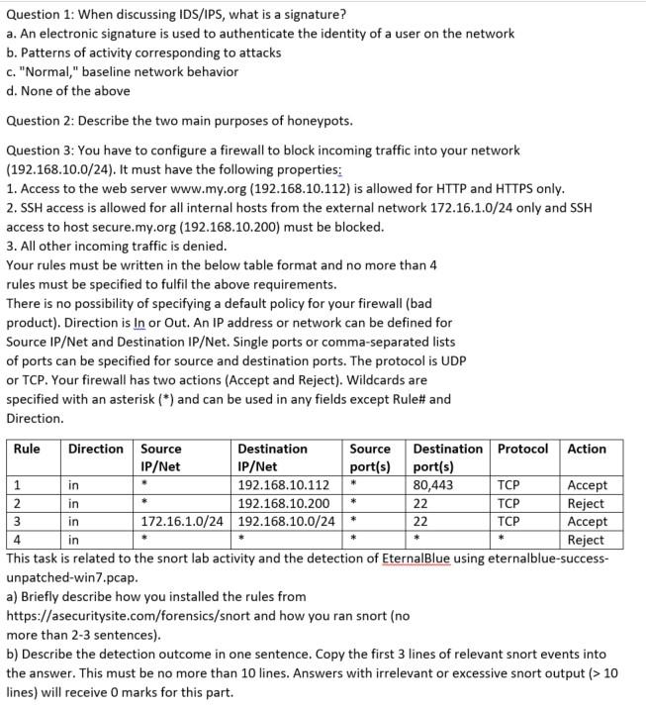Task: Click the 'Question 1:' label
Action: click(38, 14)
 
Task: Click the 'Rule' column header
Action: click(27, 449)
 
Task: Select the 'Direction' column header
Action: click(96, 449)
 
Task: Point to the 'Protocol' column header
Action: click(522, 449)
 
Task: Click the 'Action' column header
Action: click(587, 449)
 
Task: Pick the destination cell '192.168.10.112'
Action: click(284, 485)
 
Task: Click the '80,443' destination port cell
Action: click(433, 485)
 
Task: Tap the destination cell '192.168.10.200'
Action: click(284, 503)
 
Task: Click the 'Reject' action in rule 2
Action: click(587, 503)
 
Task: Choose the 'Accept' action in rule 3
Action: click(588, 522)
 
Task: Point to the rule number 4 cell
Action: click(18, 540)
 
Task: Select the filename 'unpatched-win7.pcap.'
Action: click(72, 577)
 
